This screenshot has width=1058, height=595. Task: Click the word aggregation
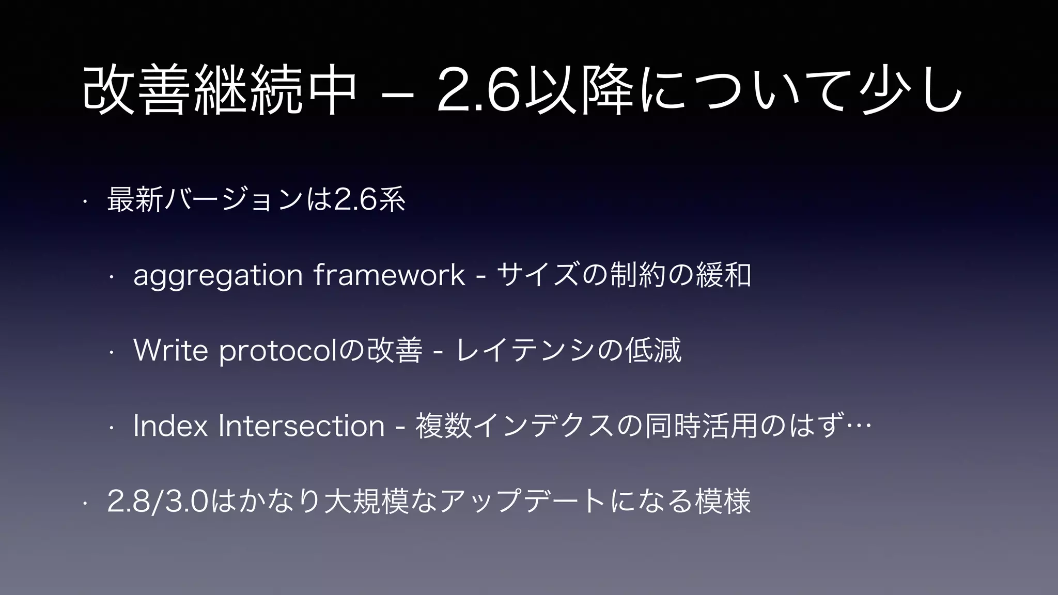[x=217, y=276]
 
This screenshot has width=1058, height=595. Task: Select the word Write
[x=170, y=350]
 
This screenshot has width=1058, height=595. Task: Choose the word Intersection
[x=302, y=426]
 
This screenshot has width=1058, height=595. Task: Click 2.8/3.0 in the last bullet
[x=158, y=502]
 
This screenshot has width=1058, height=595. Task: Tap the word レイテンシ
[x=525, y=350]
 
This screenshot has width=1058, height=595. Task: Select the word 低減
[x=653, y=350]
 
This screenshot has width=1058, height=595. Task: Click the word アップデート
[x=522, y=502]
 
